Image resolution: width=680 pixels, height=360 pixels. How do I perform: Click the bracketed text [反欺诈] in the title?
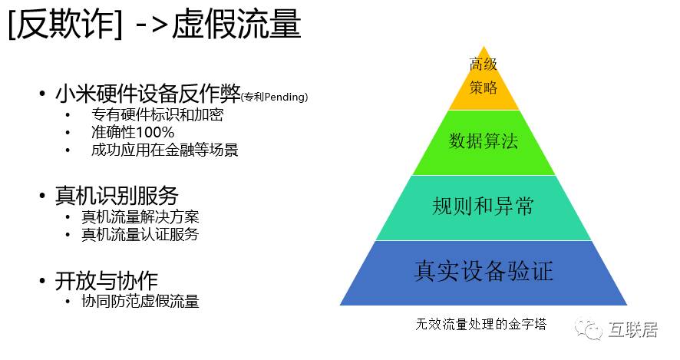[64, 25]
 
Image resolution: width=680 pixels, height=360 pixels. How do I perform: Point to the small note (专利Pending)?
[274, 97]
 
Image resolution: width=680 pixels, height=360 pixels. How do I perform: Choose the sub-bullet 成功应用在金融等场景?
[164, 149]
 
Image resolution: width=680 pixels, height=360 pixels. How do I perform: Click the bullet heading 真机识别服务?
[117, 195]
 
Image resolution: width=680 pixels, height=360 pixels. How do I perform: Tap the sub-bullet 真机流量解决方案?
[140, 217]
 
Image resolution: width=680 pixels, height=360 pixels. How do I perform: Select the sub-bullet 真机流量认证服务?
[140, 234]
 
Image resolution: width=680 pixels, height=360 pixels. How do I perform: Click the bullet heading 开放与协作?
[107, 280]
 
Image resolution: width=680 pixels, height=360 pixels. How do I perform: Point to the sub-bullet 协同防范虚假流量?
[140, 301]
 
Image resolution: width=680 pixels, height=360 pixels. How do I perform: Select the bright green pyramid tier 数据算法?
[484, 142]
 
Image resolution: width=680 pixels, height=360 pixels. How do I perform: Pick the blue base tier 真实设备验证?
[484, 272]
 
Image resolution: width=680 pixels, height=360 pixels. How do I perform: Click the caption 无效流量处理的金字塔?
[480, 323]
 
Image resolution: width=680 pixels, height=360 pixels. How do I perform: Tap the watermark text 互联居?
[636, 331]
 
